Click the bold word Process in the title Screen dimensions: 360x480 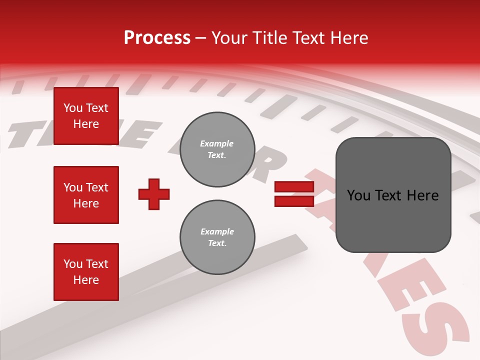(x=157, y=38)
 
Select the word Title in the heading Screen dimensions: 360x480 (x=269, y=38)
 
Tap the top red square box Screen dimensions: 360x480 (x=86, y=116)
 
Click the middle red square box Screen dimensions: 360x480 (x=86, y=195)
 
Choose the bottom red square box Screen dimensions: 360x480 (x=86, y=272)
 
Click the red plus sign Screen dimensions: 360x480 (x=154, y=194)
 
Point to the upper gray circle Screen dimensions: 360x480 (x=217, y=149)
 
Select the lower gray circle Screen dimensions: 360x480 (x=217, y=237)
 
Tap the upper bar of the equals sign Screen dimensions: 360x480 (x=294, y=187)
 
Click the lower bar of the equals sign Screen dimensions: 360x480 (x=294, y=201)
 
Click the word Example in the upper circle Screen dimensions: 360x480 (x=217, y=143)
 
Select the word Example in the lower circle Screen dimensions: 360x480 (x=217, y=231)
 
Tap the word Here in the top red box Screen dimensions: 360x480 (x=86, y=124)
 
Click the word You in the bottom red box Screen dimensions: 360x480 (x=72, y=264)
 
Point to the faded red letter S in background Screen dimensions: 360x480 (x=440, y=332)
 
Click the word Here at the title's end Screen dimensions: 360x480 (x=348, y=38)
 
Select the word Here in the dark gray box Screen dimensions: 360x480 (x=423, y=195)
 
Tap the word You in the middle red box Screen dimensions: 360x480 (x=72, y=187)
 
